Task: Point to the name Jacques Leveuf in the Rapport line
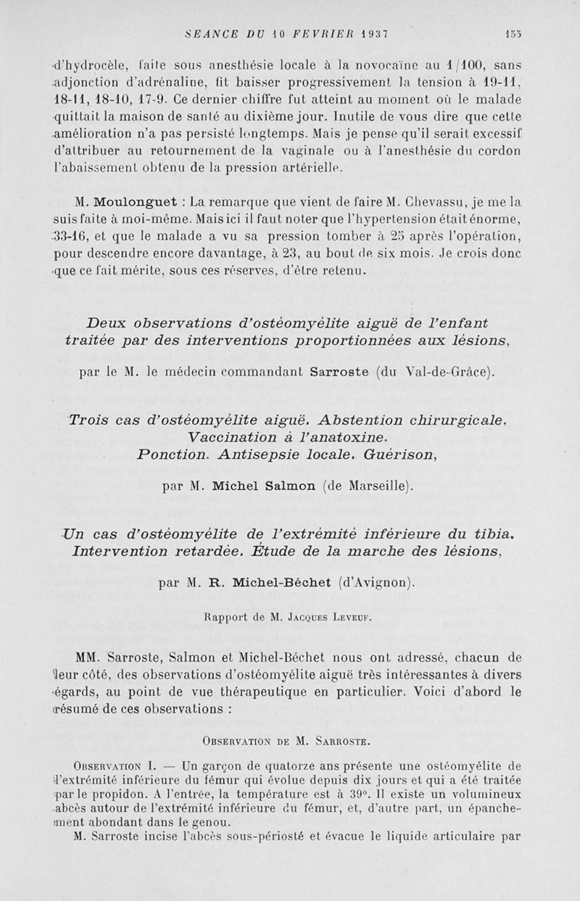click(x=335, y=618)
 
